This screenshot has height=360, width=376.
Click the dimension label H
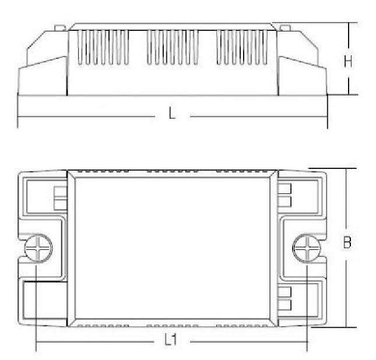click(348, 61)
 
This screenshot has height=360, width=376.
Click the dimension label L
click(172, 113)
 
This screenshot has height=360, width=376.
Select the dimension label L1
click(171, 340)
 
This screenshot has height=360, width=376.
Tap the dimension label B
click(347, 242)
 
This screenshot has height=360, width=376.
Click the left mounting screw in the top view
click(38, 248)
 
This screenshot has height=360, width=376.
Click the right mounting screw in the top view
click(307, 248)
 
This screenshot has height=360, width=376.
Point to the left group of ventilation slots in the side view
click(103, 47)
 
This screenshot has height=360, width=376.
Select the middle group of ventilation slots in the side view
click(173, 47)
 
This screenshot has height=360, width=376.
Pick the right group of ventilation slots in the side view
click(242, 47)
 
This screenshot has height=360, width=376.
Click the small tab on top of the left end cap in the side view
click(60, 28)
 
